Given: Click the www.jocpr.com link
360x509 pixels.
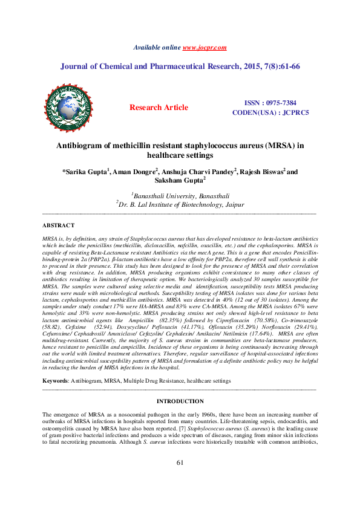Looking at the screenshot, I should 205,47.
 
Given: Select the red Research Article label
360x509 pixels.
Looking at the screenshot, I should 159,108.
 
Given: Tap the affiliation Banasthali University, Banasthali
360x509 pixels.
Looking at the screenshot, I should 181,195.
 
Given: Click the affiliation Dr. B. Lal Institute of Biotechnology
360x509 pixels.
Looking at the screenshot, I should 181,205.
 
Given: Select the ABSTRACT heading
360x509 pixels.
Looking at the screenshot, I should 58,225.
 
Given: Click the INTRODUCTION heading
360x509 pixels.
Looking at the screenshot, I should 180,401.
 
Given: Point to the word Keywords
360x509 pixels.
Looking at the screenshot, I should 56,381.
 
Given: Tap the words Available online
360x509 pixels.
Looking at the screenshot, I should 157,47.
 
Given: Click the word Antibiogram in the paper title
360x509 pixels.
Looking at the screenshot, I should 80,146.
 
